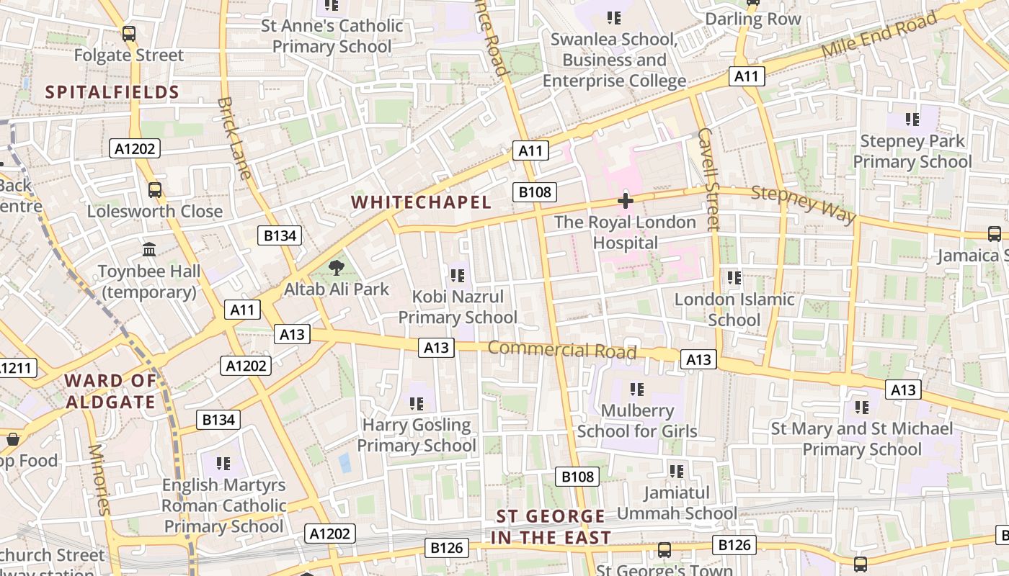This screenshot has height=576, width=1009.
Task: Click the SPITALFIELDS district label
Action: [112, 92]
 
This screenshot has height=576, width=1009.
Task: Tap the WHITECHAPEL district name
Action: [422, 202]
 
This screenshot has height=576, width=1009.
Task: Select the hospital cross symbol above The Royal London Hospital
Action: [625, 201]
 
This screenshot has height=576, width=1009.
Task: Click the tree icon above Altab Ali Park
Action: [336, 269]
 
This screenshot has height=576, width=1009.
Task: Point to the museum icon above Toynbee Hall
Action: [149, 250]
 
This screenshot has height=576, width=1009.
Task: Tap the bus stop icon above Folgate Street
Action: [129, 33]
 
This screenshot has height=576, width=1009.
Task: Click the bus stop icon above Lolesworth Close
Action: [155, 190]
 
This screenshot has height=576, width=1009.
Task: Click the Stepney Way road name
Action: [803, 204]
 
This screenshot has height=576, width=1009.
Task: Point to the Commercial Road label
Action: [562, 350]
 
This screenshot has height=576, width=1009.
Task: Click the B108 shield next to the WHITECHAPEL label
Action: [535, 192]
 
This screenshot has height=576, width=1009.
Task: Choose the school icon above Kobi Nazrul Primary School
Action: [457, 275]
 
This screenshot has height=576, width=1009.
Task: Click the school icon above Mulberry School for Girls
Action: [636, 390]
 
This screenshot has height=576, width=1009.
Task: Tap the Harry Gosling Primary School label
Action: [417, 436]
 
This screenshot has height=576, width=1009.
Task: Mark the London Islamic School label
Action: [734, 310]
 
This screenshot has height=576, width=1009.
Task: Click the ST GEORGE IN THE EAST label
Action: [551, 526]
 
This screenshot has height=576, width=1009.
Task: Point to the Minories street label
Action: [99, 479]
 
